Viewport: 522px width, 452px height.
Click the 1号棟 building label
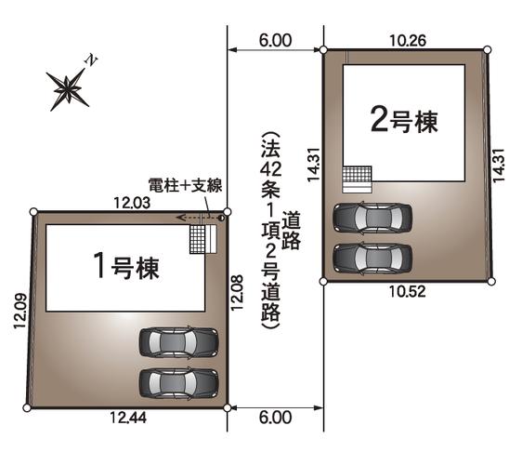pos(127,269)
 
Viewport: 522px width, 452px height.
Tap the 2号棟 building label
pos(403,119)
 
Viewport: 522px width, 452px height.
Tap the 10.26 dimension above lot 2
pos(408,41)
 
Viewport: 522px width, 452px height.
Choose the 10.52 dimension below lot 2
pos(407,290)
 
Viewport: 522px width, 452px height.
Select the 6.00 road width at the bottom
pos(275,418)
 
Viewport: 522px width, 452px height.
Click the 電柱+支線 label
pos(185,186)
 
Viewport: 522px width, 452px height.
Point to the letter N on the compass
pos(91,60)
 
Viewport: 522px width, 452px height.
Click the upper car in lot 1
pos(178,343)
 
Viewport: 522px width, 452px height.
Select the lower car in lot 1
pos(178,382)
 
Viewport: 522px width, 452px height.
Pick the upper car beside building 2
pos(372,218)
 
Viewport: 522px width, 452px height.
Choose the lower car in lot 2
pos(372,256)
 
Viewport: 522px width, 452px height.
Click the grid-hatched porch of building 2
pos(357,177)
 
